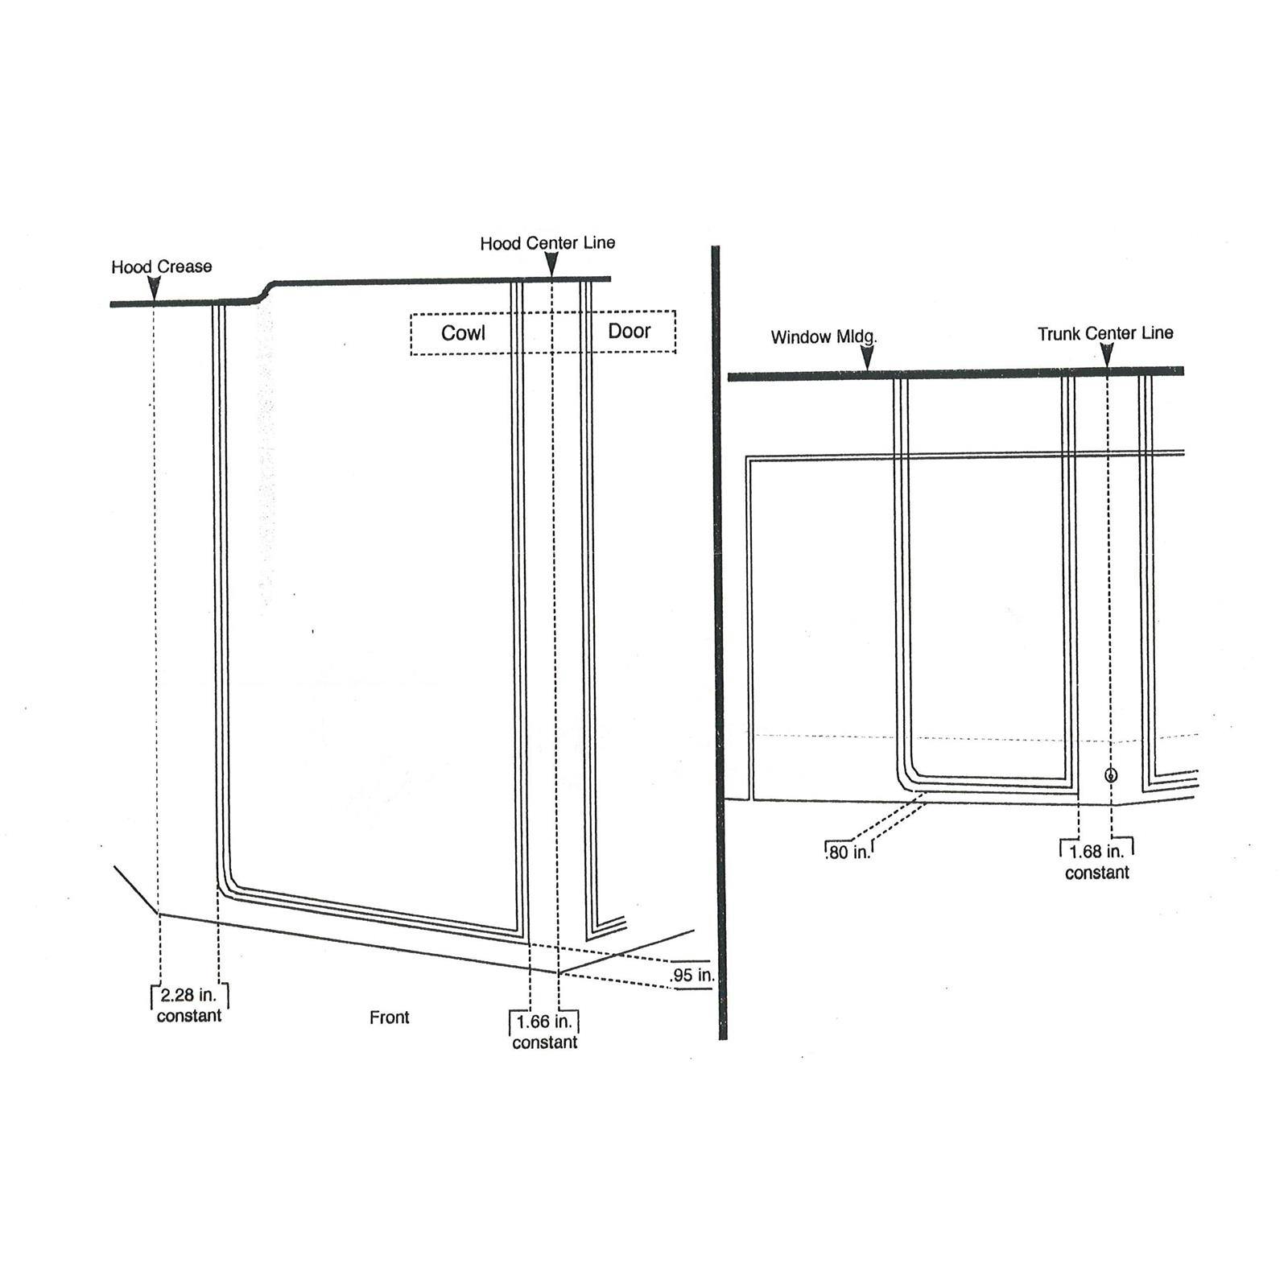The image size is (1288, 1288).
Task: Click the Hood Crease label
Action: (162, 266)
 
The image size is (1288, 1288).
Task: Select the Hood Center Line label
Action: (547, 243)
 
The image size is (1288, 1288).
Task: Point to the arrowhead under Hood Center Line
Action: (551, 264)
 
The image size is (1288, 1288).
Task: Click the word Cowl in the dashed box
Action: (463, 333)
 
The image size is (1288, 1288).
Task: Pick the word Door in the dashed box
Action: (629, 331)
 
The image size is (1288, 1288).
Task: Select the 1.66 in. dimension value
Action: (544, 1022)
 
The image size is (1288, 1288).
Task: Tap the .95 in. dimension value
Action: (692, 976)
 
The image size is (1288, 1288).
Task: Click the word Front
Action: (390, 1018)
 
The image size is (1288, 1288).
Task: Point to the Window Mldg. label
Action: (824, 337)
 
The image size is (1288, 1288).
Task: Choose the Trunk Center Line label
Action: (1105, 333)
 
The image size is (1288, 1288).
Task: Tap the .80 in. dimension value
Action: (848, 852)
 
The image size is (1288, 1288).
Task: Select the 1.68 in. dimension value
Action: (1096, 852)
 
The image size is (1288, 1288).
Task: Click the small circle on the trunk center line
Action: (1111, 775)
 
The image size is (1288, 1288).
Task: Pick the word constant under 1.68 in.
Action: (1097, 873)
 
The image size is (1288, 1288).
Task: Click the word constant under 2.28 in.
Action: (189, 1016)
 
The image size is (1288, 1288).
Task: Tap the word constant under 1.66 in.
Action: (545, 1042)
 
